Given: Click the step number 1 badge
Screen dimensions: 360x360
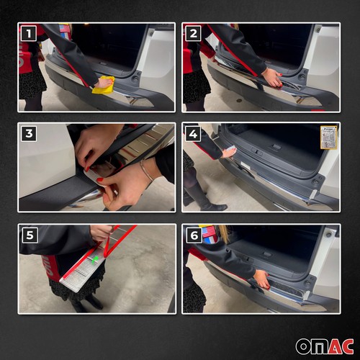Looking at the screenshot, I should click(28, 33).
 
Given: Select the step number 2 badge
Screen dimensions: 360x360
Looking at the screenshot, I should click(193, 33).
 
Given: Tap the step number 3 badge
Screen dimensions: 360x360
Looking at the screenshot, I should click(28, 133).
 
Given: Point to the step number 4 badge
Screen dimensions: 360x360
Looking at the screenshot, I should click(193, 133).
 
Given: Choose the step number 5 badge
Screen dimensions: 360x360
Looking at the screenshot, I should click(28, 235).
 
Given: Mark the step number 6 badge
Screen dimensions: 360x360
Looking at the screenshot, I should click(193, 235).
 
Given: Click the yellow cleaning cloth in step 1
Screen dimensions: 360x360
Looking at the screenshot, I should click(103, 84).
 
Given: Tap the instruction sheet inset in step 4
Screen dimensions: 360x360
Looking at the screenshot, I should click(328, 137).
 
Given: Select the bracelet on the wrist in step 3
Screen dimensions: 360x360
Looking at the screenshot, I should click(146, 170).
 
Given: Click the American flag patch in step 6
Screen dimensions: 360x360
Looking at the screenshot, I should click(208, 233).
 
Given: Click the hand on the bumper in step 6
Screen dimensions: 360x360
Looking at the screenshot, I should click(262, 279).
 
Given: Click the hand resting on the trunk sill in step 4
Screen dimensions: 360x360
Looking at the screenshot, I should click(228, 152).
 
